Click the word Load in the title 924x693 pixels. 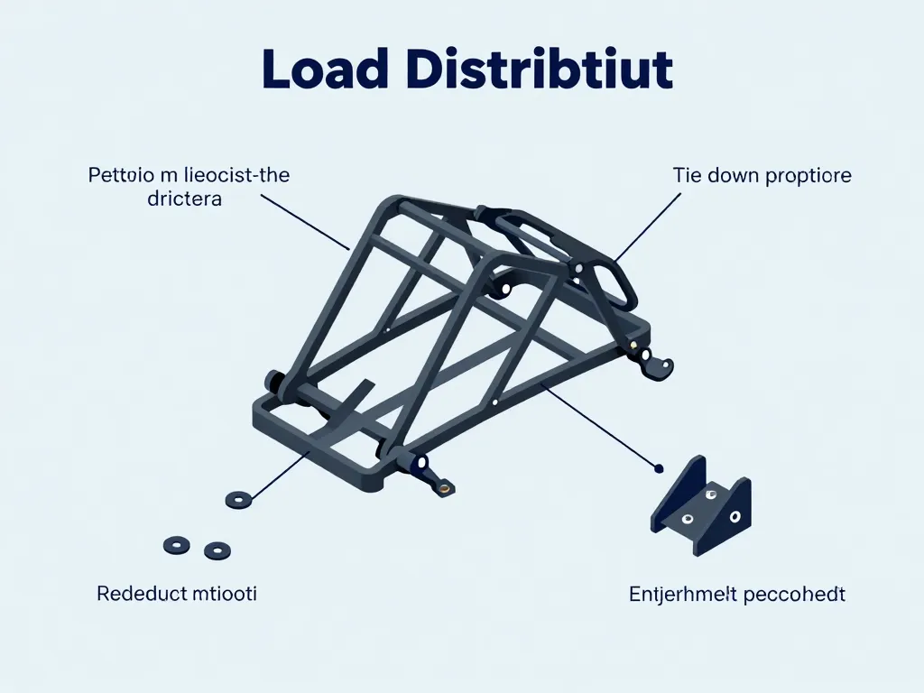click(323, 71)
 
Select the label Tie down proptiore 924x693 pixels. click(762, 176)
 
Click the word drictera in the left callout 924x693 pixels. click(184, 199)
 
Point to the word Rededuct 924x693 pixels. click(141, 595)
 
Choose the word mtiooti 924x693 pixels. click(225, 595)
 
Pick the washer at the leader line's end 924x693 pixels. click(239, 498)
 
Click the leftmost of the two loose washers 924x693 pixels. click(176, 545)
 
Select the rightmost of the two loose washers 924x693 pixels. click(217, 550)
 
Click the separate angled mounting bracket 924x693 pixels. click(701, 506)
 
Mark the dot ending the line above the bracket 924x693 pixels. click(659, 468)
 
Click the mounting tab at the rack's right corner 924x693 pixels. click(658, 365)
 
